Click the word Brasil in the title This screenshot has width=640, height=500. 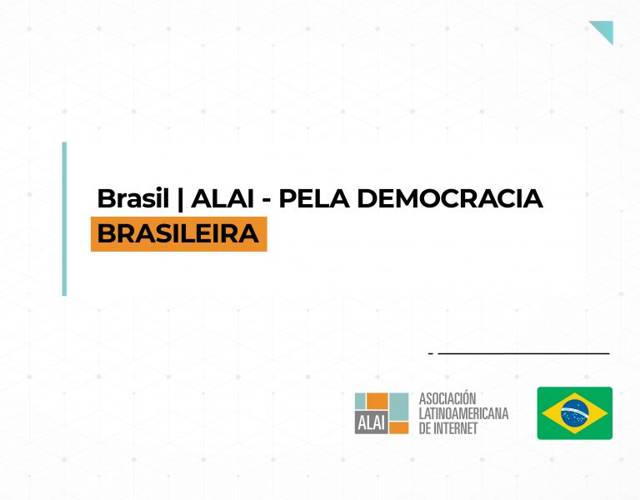132,198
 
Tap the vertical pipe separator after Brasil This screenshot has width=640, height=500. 180,199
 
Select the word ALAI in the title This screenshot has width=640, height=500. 222,199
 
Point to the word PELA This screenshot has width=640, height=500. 314,199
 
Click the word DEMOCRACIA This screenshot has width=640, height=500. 450,199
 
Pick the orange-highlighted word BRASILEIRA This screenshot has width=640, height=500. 178,234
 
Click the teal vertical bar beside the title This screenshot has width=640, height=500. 64,219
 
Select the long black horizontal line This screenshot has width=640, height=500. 523,353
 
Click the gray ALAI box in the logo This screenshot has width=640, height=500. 372,422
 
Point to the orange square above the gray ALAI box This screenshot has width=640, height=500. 377,401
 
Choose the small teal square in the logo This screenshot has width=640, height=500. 360,401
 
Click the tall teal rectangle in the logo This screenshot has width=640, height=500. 399,407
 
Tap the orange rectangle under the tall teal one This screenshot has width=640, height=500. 399,427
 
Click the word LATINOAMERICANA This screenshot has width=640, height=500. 463,413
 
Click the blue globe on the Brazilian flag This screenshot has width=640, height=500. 575,413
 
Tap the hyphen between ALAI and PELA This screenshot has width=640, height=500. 267,201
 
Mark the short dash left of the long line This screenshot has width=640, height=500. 431,353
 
